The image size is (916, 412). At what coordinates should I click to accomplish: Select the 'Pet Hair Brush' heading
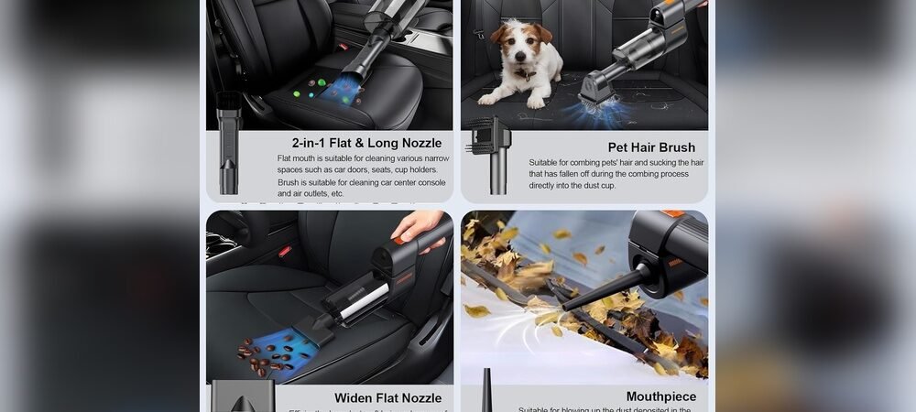tap(651, 147)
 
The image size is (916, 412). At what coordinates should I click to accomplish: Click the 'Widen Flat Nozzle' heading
tap(387, 397)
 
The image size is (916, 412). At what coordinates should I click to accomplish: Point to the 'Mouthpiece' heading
tap(660, 396)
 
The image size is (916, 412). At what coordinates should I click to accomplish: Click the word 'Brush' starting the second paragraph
tap(287, 182)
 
